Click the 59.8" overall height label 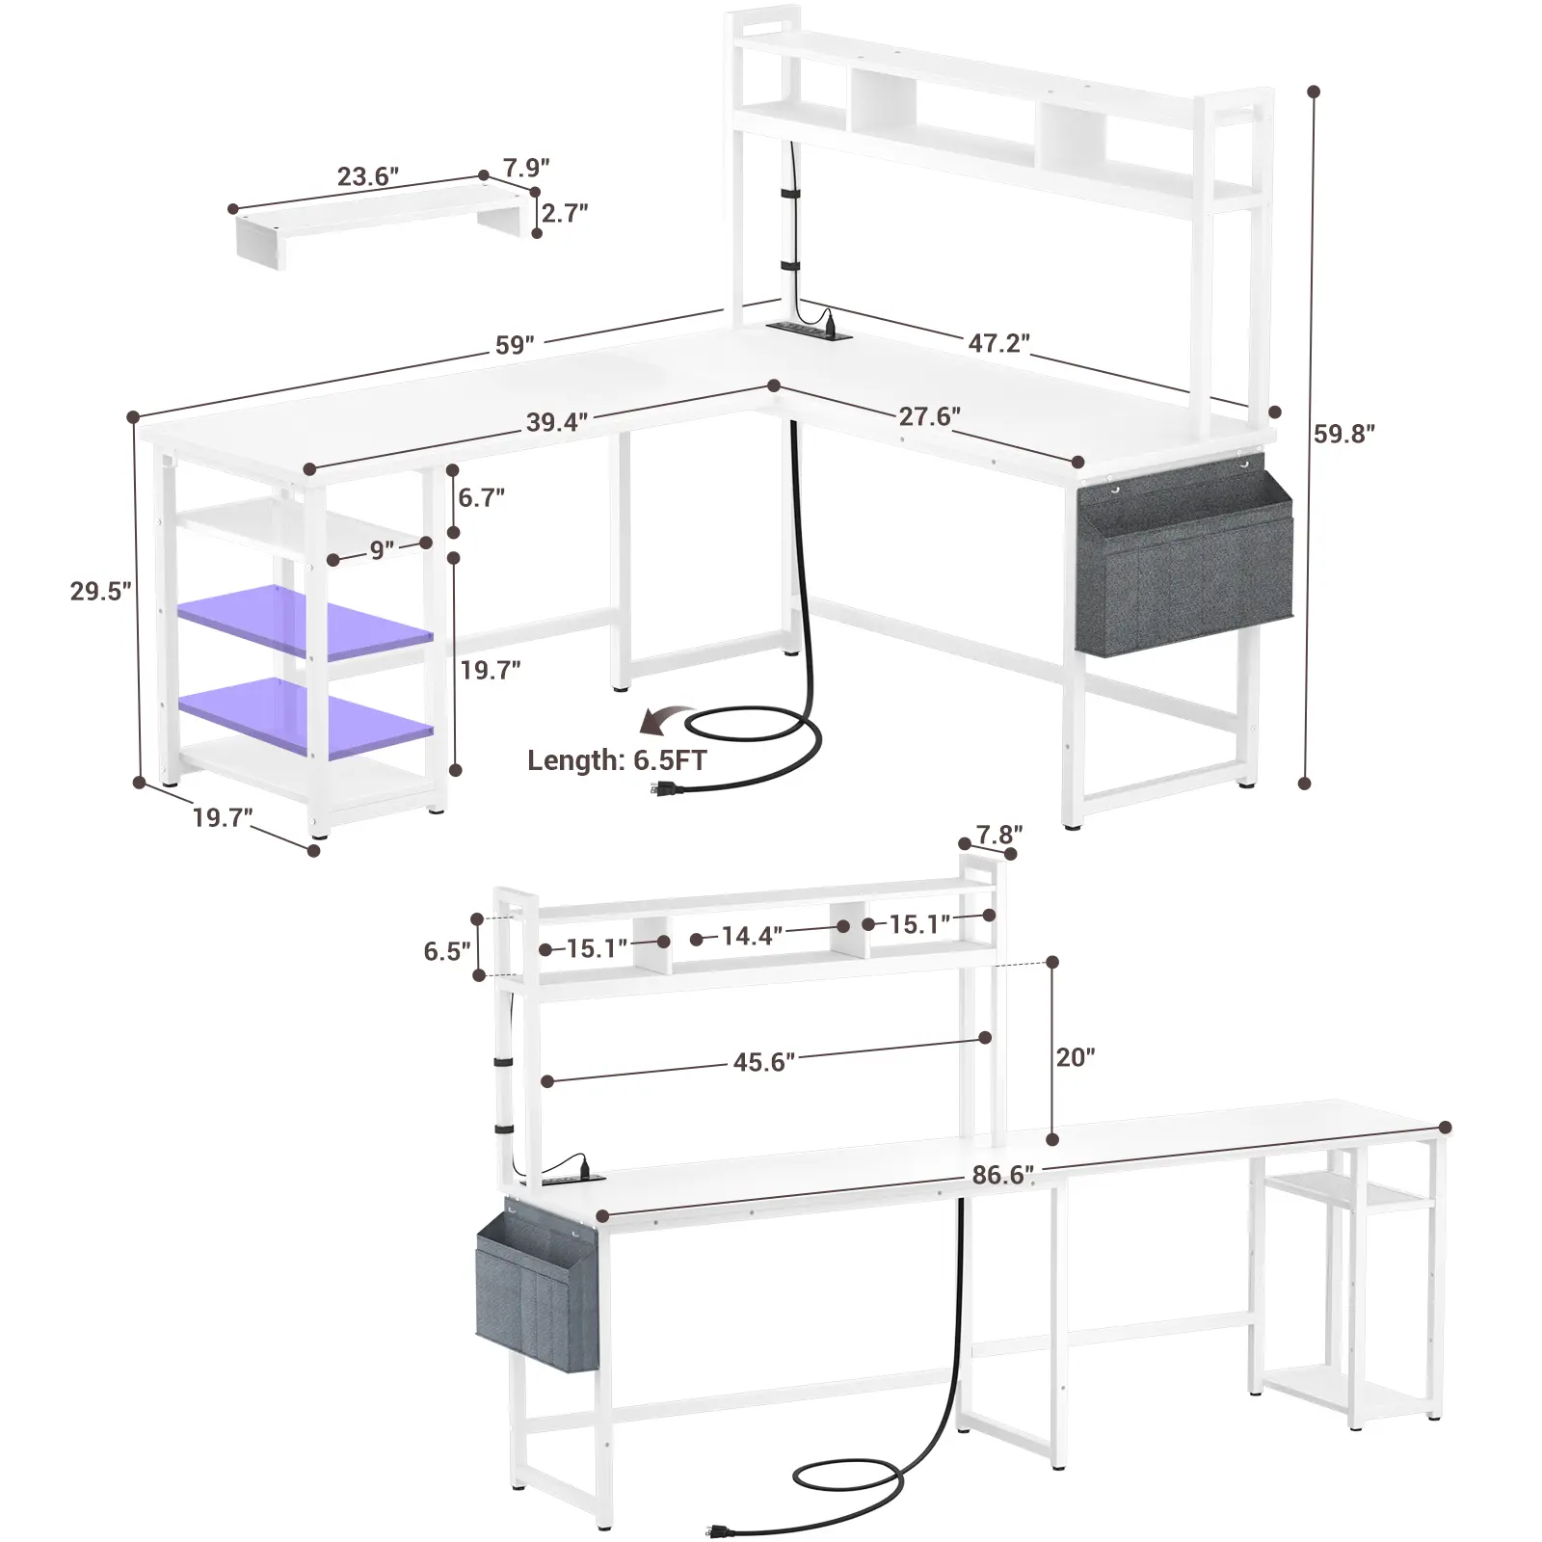click(x=1344, y=434)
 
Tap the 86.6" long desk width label click(x=1003, y=1175)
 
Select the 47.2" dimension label click(x=999, y=343)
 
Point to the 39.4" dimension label click(x=557, y=422)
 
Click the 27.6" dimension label click(x=930, y=416)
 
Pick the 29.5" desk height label click(x=101, y=591)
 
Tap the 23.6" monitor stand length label click(x=368, y=176)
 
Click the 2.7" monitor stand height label click(x=565, y=212)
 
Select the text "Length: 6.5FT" click(x=617, y=760)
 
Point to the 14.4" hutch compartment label click(x=752, y=935)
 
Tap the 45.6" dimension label click(x=764, y=1062)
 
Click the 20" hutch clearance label click(x=1076, y=1057)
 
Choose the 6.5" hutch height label click(x=447, y=951)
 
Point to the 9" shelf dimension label click(x=382, y=549)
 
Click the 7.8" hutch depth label click(x=999, y=832)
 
